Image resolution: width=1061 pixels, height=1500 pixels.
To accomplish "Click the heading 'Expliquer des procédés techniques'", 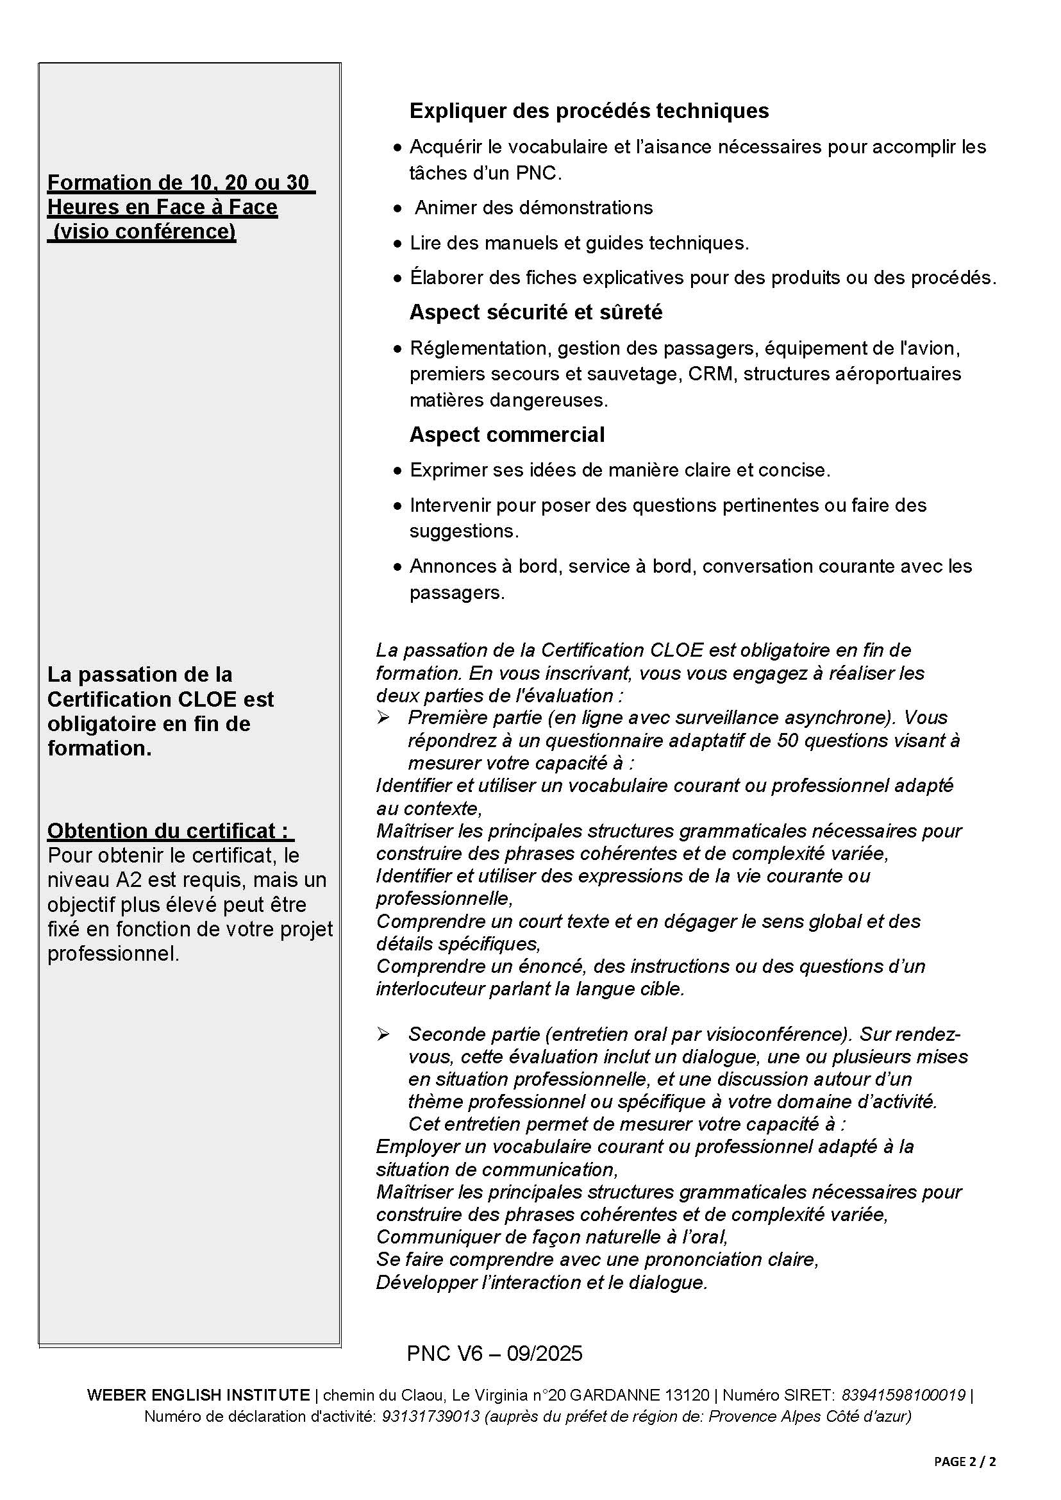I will pos(589,111).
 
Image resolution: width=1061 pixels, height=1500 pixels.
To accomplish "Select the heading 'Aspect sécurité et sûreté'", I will pos(536,312).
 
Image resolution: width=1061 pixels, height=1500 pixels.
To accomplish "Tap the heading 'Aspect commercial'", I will pos(507,435).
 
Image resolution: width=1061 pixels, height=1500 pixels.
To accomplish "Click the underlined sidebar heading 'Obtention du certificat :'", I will pos(168,830).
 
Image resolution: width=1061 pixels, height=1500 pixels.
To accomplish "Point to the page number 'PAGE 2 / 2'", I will pos(965,1462).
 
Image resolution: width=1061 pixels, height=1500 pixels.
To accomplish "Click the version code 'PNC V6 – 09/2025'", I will pos(494,1353).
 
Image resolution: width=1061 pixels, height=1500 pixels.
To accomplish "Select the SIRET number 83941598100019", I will pos(903,1395).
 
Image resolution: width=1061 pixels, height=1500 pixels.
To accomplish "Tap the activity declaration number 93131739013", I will pos(431,1417).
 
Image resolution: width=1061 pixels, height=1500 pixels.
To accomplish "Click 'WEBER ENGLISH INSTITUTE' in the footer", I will pos(198,1395).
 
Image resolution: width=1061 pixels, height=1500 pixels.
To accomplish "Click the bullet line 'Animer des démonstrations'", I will pos(534,208).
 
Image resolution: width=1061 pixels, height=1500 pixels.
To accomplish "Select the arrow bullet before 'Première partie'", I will pos(383,718).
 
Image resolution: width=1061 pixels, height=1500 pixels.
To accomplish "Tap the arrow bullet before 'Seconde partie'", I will pos(383,1034).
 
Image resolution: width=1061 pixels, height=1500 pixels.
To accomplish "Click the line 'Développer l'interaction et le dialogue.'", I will pos(542,1283).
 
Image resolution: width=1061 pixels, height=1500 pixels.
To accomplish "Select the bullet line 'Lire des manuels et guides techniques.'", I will pos(579,243).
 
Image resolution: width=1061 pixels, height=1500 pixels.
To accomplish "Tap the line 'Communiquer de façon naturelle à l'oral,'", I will pos(552,1236).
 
